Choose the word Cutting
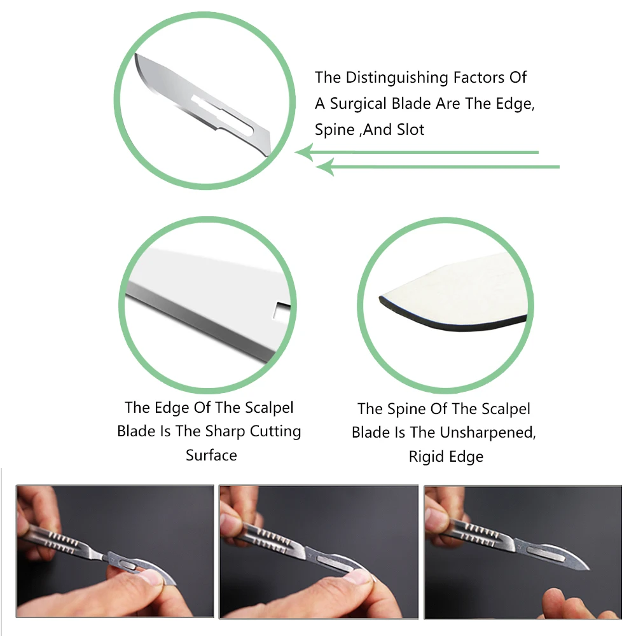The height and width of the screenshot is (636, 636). coord(275,431)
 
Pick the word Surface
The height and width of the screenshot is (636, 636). coord(211,455)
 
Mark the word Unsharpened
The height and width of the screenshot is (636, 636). coord(490,432)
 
